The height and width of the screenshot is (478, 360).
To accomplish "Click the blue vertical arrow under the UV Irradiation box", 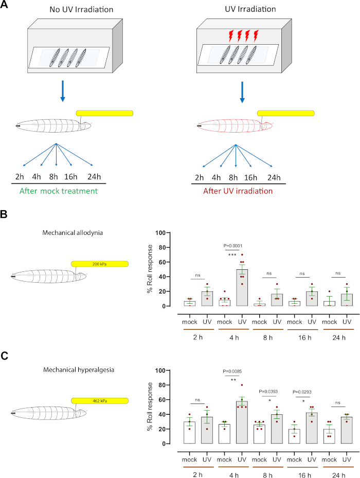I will click(242, 88).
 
